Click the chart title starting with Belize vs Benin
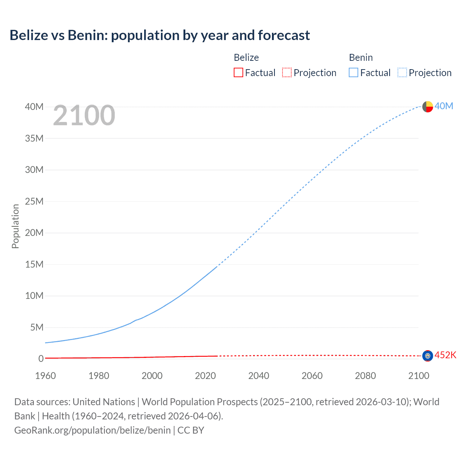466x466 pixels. point(159,35)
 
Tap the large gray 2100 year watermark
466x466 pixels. point(84,115)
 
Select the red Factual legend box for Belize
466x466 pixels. point(238,73)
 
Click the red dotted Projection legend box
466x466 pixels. point(287,73)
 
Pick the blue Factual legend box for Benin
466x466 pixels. point(354,73)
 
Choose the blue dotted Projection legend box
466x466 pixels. point(402,73)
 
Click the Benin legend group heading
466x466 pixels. point(360,58)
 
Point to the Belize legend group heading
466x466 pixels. point(246,58)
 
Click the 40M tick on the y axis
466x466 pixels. point(34,107)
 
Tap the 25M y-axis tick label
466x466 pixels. point(34,201)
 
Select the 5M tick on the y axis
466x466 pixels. point(36,327)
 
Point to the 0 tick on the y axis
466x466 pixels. point(41,359)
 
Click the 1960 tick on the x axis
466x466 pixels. point(46,376)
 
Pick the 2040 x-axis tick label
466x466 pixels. point(258,376)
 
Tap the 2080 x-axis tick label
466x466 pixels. point(365,376)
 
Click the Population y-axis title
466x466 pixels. point(15,226)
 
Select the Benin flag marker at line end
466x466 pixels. point(427,107)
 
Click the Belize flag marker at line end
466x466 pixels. point(427,356)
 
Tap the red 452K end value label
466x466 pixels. point(445,355)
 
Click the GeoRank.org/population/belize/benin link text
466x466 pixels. point(92,430)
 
